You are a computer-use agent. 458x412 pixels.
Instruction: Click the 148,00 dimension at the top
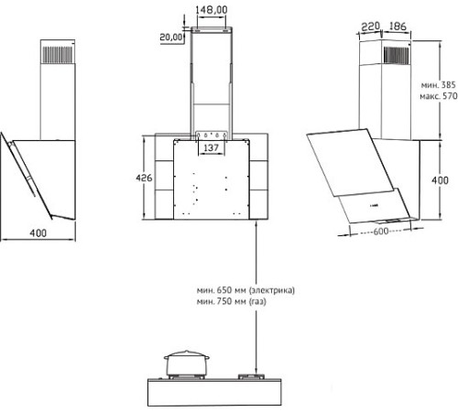point(212,10)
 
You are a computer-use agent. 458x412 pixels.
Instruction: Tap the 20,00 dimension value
point(171,38)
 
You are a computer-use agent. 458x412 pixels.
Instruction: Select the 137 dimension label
point(211,148)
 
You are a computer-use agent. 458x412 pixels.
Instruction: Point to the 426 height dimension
point(144,178)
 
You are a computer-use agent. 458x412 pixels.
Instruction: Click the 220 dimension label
point(370,27)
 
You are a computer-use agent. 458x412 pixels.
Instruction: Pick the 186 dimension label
point(398,27)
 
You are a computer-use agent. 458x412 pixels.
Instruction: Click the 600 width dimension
point(381,232)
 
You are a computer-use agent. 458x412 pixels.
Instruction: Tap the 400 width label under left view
point(38,233)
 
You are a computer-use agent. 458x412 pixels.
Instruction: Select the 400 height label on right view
point(440,180)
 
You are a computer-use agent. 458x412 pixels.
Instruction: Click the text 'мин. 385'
point(438,85)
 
